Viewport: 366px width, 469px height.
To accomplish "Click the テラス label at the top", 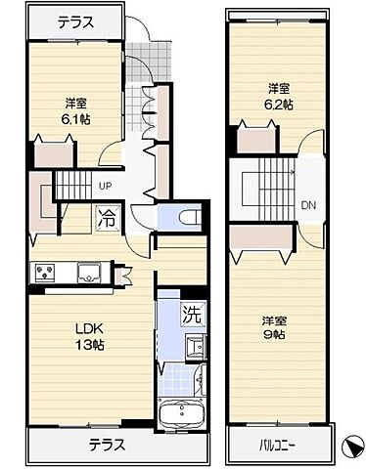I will [x=76, y=21].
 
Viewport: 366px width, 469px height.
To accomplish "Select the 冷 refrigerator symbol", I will [x=106, y=219].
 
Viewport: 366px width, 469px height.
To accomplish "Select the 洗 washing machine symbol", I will [x=194, y=315].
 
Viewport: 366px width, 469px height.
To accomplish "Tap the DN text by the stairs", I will [x=307, y=204].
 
